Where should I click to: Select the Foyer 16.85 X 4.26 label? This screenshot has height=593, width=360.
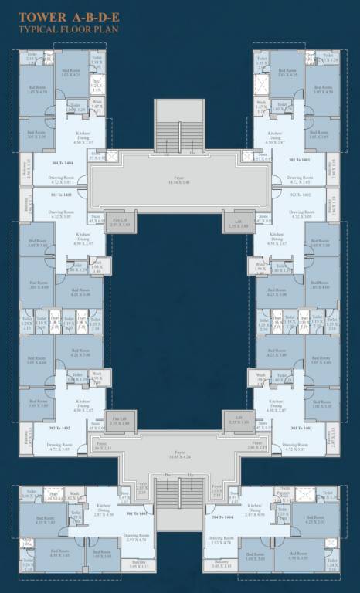tap(179, 456)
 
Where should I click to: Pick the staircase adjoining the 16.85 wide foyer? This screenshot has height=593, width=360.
tap(179, 502)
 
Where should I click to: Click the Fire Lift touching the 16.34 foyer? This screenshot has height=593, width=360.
tap(120, 221)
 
